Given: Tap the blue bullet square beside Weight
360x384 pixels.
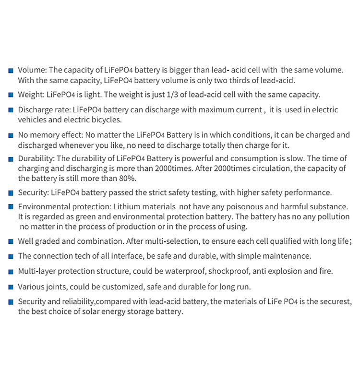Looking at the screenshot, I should [x=11, y=96].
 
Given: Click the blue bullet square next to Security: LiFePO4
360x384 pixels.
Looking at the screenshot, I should [x=11, y=193].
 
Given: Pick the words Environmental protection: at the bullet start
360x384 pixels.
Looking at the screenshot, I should [x=65, y=206].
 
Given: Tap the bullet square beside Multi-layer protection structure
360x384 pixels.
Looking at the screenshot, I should [x=11, y=272].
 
